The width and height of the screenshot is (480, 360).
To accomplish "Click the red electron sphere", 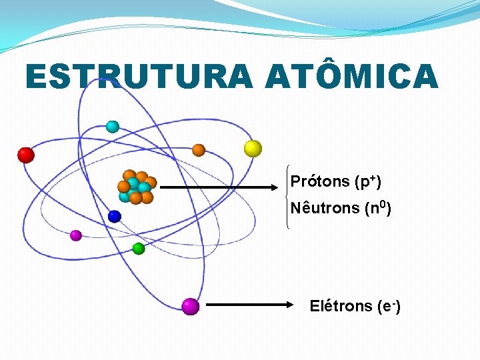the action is coord(25,155).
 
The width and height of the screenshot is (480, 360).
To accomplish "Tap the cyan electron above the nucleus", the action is coord(113,126).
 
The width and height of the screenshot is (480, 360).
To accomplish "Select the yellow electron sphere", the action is coord(253,148).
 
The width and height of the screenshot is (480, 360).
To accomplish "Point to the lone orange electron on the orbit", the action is coord(198,150).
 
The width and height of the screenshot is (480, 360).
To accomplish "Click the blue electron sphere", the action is coord(115,216).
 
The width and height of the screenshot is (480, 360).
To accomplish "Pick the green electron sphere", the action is coord(138,249).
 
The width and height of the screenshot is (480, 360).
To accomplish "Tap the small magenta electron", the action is coord(76,235).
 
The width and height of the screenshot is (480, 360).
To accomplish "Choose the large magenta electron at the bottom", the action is coord(191,306).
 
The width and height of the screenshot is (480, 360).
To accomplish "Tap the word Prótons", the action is coord(320,181).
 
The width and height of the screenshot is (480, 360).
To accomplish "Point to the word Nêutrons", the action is coord(325,208).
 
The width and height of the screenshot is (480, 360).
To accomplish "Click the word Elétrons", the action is coord(341,306).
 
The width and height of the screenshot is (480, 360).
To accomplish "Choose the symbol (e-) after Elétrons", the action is coord(388,306).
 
